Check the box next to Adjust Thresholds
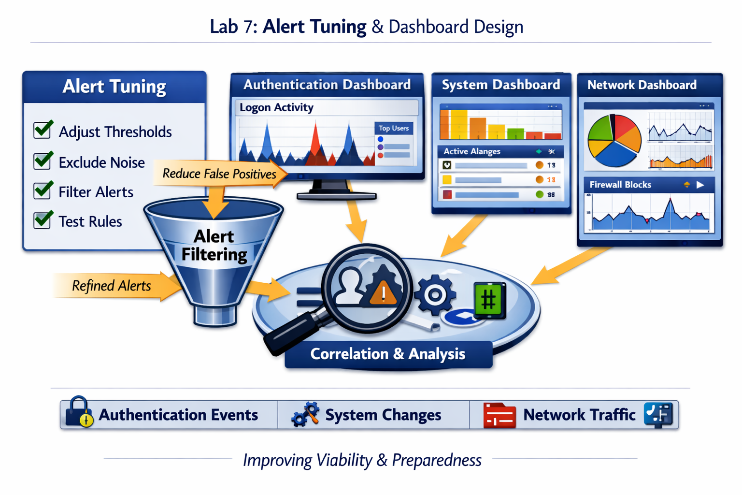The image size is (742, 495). pyautogui.click(x=43, y=131)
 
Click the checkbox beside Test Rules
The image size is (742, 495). pyautogui.click(x=43, y=220)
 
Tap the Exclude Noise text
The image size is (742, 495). pyautogui.click(x=101, y=162)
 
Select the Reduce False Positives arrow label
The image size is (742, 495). pyautogui.click(x=219, y=174)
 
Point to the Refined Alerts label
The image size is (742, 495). pyautogui.click(x=111, y=286)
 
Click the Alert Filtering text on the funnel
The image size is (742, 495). pyautogui.click(x=214, y=245)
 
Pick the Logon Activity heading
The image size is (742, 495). pyautogui.click(x=276, y=107)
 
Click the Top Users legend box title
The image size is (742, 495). pyautogui.click(x=393, y=128)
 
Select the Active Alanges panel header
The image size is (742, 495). pyautogui.click(x=471, y=151)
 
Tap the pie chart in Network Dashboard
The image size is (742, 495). pyautogui.click(x=614, y=140)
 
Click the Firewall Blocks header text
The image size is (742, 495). pyautogui.click(x=620, y=185)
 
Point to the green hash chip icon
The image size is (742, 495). pyautogui.click(x=489, y=300)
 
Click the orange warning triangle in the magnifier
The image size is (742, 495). pyautogui.click(x=383, y=292)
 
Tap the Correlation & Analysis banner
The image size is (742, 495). pyautogui.click(x=387, y=354)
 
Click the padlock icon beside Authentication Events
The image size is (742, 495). pyautogui.click(x=79, y=413)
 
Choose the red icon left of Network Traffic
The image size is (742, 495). pyautogui.click(x=499, y=415)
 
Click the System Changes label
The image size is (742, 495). pyautogui.click(x=383, y=415)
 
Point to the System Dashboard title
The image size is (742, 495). pyautogui.click(x=500, y=85)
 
